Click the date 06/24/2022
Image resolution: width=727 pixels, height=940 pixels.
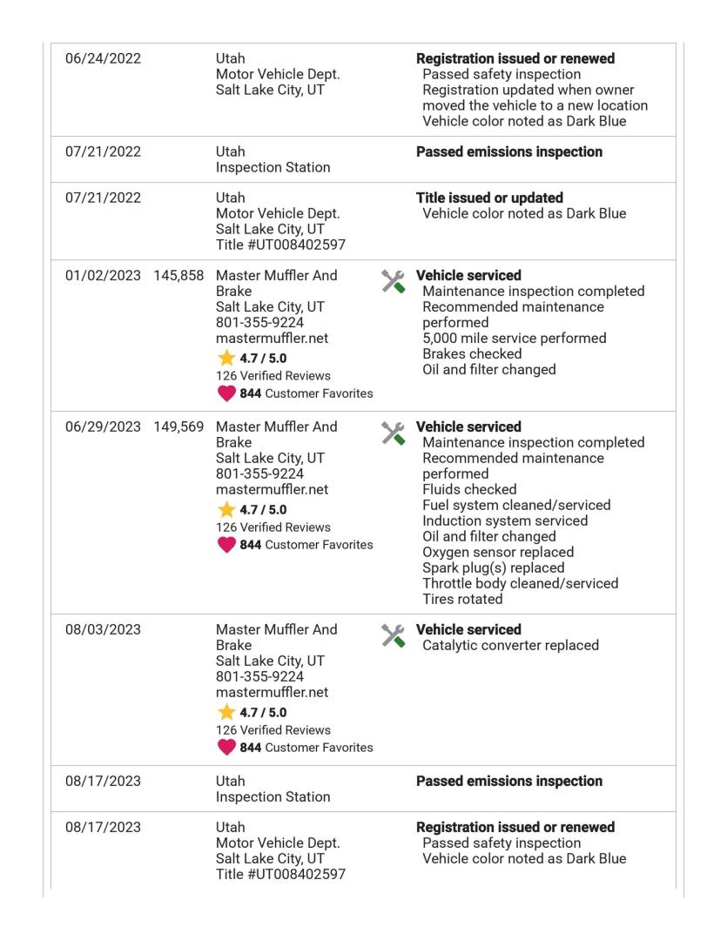104,59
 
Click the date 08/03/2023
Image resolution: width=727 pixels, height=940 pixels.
104,630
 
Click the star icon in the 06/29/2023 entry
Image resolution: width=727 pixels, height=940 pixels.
225,511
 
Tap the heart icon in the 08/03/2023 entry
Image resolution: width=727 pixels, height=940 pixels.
226,748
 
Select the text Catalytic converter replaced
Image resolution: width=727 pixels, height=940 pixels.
510,646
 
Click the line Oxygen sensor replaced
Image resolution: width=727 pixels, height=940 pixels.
498,553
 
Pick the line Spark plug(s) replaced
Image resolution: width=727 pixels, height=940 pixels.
494,568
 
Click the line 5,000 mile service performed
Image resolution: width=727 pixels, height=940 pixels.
515,338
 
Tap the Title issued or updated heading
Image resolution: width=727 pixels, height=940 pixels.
489,198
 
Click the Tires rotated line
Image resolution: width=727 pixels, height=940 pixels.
462,600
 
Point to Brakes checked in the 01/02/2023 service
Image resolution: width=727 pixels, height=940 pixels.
472,353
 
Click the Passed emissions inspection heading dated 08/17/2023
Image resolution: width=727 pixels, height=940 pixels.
509,782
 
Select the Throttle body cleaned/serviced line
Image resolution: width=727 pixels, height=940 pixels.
521,584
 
